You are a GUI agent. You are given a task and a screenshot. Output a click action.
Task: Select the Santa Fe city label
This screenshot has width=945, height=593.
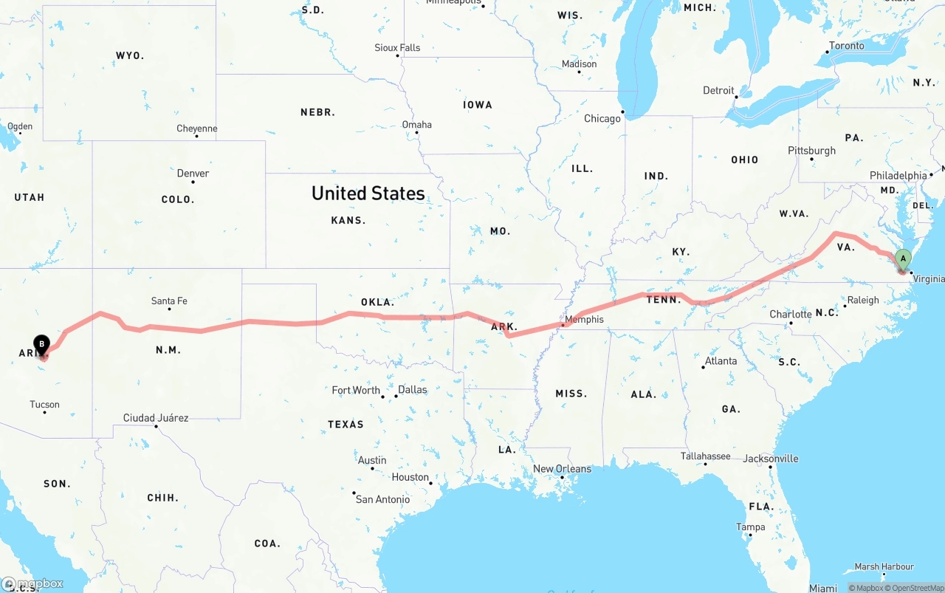coord(169,301)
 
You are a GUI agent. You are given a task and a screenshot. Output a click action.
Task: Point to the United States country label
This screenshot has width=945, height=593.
coord(368,193)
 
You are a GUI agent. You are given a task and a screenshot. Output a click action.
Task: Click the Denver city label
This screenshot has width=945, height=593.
coord(193,174)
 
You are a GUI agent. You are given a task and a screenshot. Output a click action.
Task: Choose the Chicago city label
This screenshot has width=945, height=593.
coord(602,119)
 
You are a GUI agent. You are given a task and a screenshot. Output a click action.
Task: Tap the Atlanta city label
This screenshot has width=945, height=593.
coord(721,361)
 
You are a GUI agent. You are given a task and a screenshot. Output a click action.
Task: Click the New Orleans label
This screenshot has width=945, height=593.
coord(562,469)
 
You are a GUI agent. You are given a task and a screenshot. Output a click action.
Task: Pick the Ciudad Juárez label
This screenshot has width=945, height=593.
coord(156,418)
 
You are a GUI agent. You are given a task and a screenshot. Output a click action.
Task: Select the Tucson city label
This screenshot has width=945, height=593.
coord(44,405)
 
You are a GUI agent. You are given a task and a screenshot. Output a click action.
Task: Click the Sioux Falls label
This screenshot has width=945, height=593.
coord(397,48)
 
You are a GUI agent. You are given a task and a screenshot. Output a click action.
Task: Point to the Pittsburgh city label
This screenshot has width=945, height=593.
coord(811,151)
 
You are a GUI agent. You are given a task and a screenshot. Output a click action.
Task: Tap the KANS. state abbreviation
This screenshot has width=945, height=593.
coord(348,220)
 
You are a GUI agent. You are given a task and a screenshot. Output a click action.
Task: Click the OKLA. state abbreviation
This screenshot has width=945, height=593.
coord(377,302)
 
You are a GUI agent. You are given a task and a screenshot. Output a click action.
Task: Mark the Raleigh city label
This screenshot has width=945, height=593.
coord(863,300)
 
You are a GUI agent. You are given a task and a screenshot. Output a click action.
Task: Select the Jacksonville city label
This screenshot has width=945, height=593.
coord(771,459)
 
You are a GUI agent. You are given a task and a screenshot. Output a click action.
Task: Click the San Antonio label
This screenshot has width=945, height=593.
coord(382,500)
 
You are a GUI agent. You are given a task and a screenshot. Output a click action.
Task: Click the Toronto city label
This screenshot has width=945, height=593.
coord(846,46)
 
